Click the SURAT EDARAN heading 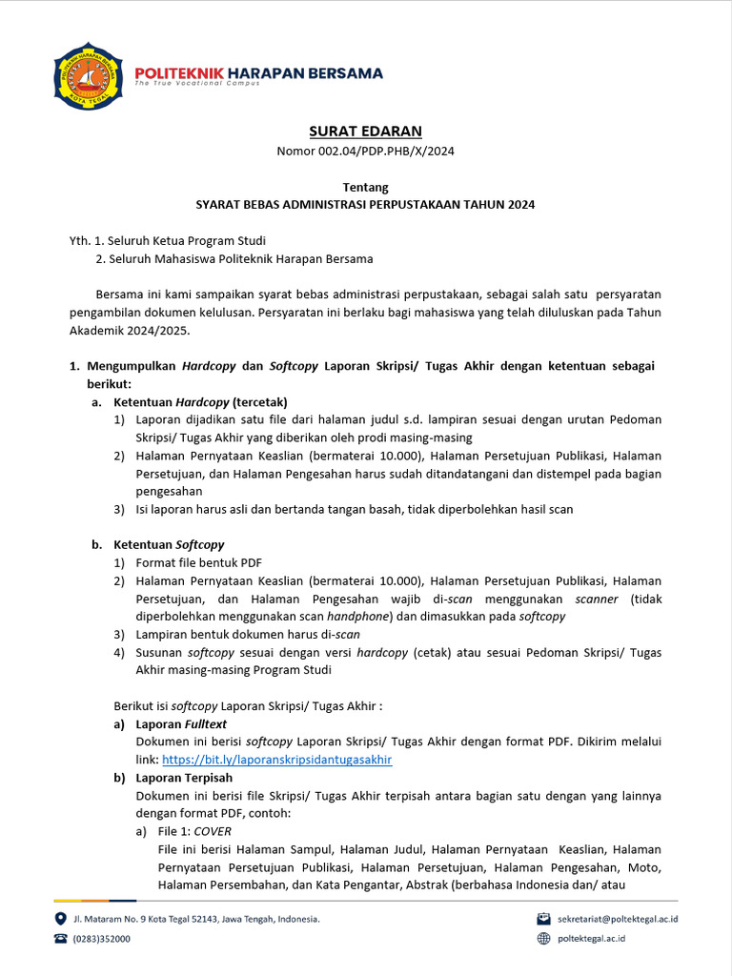coord(365,131)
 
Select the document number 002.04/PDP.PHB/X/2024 coord(365,151)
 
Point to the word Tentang coord(365,187)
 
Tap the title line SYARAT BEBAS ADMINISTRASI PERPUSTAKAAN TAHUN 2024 coord(365,204)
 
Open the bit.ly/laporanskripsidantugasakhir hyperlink coord(276,760)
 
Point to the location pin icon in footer coord(61,919)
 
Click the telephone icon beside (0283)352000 coord(61,939)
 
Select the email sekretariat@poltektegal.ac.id coord(623,919)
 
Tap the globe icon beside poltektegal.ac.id coord(544,939)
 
